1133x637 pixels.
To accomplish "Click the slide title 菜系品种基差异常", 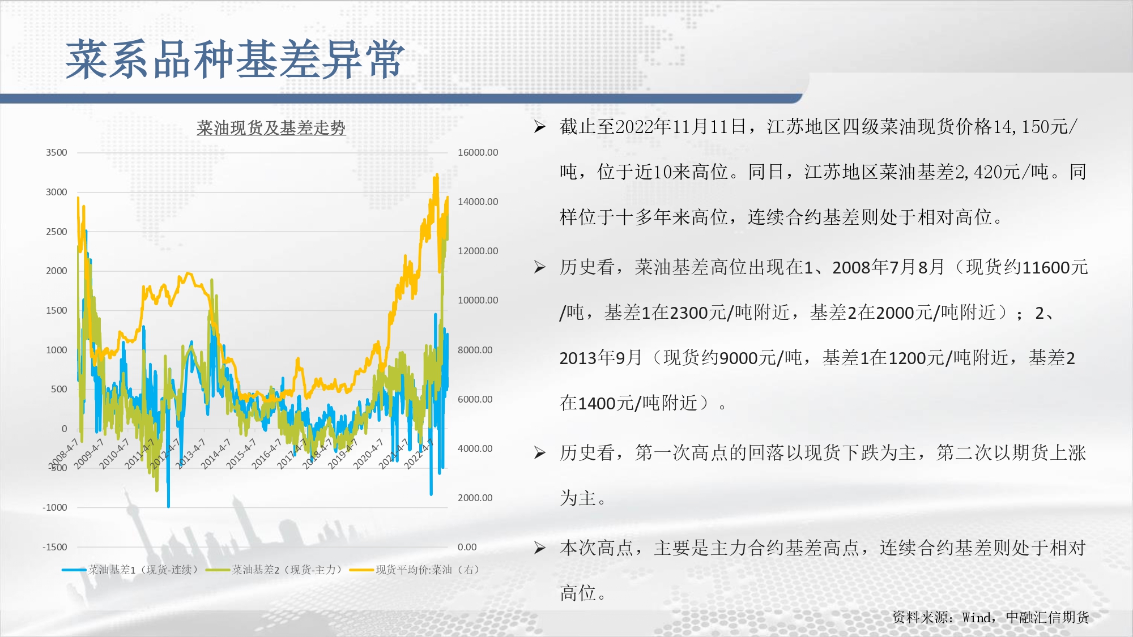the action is coord(235,59).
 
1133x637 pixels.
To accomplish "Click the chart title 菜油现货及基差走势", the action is coord(271,127).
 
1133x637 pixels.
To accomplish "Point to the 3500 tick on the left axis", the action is coord(57,152).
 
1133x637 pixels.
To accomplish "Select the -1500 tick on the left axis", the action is coord(55,547).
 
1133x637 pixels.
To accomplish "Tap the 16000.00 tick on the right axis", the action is coord(478,152).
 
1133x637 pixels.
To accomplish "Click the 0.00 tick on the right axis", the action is coord(467,547).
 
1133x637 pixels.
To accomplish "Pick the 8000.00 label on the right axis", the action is coord(475,350).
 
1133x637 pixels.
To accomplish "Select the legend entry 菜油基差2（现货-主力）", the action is coord(275,570).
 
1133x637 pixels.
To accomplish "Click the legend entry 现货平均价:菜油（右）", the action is coord(415,570).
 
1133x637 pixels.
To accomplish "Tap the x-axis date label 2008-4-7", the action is coord(63,454).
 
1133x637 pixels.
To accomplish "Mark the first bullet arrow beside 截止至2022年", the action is coord(540,127).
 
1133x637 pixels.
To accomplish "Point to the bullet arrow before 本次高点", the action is coord(540,548).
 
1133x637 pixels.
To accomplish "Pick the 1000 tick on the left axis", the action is coord(57,350).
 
